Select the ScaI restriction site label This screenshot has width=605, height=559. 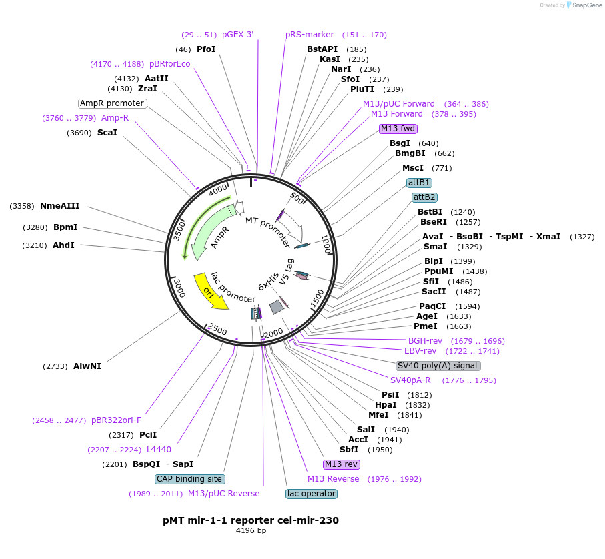tap(107, 133)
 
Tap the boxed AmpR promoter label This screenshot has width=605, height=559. tap(112, 103)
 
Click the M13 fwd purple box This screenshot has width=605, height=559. tap(398, 129)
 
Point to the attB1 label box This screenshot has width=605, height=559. tap(420, 183)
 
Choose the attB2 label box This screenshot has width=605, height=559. tap(424, 197)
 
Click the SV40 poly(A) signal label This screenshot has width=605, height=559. tap(438, 366)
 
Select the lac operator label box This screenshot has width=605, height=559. tap(312, 494)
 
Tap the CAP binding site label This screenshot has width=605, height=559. tap(190, 479)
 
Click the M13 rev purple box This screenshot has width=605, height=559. tap(342, 464)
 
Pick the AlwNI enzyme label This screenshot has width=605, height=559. tap(87, 366)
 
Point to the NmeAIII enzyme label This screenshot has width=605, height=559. tap(60, 206)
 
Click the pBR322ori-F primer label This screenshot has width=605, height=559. tap(117, 420)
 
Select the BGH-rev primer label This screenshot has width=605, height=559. tap(425, 341)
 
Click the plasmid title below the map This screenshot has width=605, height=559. tap(251, 520)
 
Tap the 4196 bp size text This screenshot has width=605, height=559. tap(251, 531)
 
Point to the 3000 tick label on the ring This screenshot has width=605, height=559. tap(179, 288)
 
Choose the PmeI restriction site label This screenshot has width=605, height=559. tap(426, 326)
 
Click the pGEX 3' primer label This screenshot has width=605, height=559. tap(237, 35)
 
